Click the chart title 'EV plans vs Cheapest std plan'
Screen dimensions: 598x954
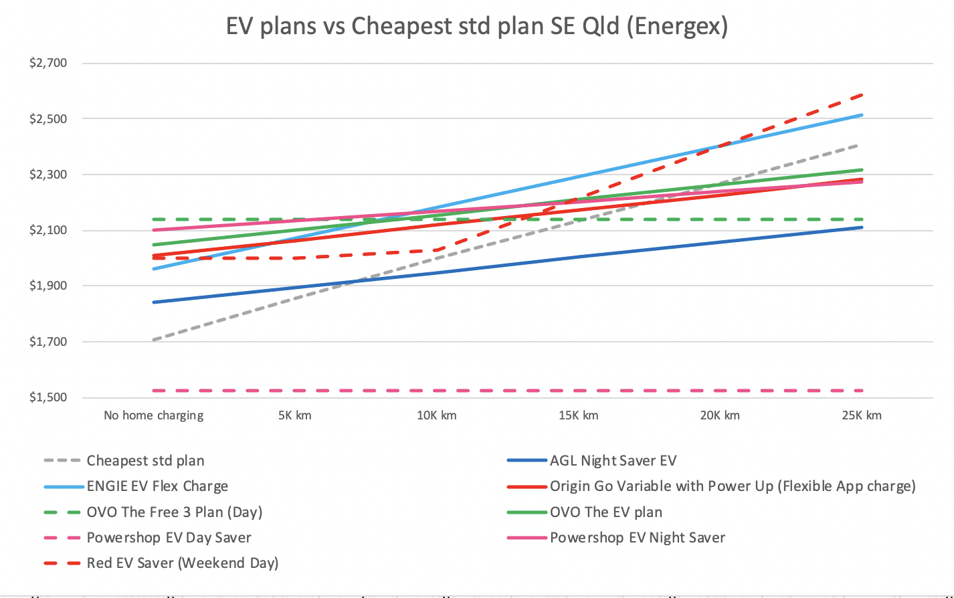click(x=476, y=26)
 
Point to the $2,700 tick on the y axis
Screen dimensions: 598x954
click(x=48, y=64)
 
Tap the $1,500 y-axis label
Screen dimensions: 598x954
click(x=48, y=397)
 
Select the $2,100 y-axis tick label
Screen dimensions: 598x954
click(x=48, y=230)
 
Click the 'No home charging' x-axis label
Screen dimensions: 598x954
click(x=153, y=415)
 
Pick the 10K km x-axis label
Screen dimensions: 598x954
click(x=436, y=415)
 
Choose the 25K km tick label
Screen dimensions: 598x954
click(x=862, y=415)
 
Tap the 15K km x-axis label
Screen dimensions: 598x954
click(x=578, y=415)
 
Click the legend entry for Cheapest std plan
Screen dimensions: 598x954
click(x=145, y=461)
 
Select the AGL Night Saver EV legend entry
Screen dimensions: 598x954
click(x=613, y=461)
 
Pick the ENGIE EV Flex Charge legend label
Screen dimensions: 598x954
click(x=157, y=486)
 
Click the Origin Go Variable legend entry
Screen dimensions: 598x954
click(x=733, y=486)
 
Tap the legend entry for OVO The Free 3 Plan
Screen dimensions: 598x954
click(x=174, y=512)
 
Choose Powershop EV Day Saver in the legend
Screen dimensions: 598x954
click(x=169, y=538)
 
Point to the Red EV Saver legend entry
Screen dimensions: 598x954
click(x=182, y=563)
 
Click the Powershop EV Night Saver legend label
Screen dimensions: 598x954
click(x=637, y=538)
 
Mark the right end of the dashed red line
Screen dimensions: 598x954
click(x=862, y=95)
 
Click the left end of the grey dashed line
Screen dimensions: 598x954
click(x=154, y=340)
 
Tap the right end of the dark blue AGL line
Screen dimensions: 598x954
click(x=862, y=227)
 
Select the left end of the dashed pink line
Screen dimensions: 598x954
click(x=154, y=391)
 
